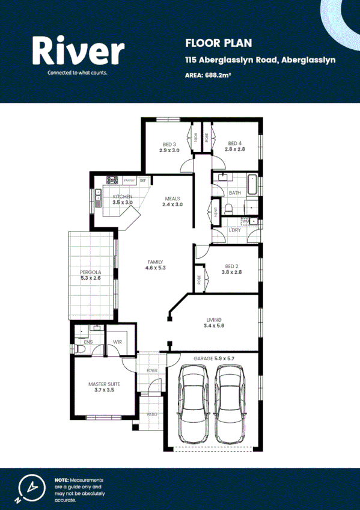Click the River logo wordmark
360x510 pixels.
click(x=78, y=51)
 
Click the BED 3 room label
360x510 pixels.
click(x=169, y=144)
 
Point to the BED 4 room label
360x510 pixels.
click(x=235, y=144)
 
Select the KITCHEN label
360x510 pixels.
click(x=123, y=197)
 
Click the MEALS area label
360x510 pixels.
click(x=172, y=198)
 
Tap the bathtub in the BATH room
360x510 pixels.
click(x=253, y=183)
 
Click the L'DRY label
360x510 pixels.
click(x=235, y=230)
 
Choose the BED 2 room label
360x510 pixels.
click(x=232, y=266)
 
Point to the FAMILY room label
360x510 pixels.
click(x=156, y=262)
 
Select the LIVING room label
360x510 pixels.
click(x=214, y=320)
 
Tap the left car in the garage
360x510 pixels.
click(x=194, y=404)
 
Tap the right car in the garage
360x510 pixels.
click(x=231, y=404)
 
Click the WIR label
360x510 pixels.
click(x=118, y=343)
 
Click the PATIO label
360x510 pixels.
click(x=154, y=415)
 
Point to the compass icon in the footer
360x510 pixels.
click(x=28, y=488)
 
